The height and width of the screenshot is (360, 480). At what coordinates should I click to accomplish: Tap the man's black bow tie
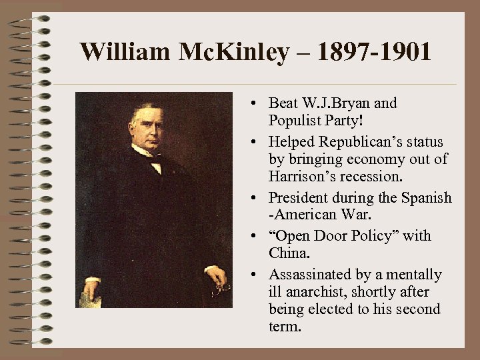155,159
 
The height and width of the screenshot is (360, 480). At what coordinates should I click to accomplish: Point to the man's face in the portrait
149,128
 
